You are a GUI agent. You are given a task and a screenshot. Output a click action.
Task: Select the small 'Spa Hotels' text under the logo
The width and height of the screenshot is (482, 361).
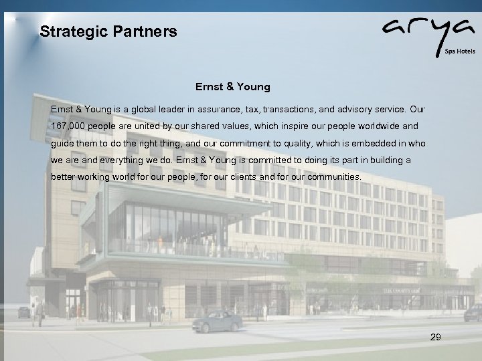tap(461, 51)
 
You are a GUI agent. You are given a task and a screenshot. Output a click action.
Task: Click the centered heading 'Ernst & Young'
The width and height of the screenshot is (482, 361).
tap(233, 86)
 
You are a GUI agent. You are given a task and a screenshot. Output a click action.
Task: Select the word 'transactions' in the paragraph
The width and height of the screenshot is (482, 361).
tap(291, 108)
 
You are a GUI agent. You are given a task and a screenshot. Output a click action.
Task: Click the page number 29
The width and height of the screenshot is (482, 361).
tap(435, 338)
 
